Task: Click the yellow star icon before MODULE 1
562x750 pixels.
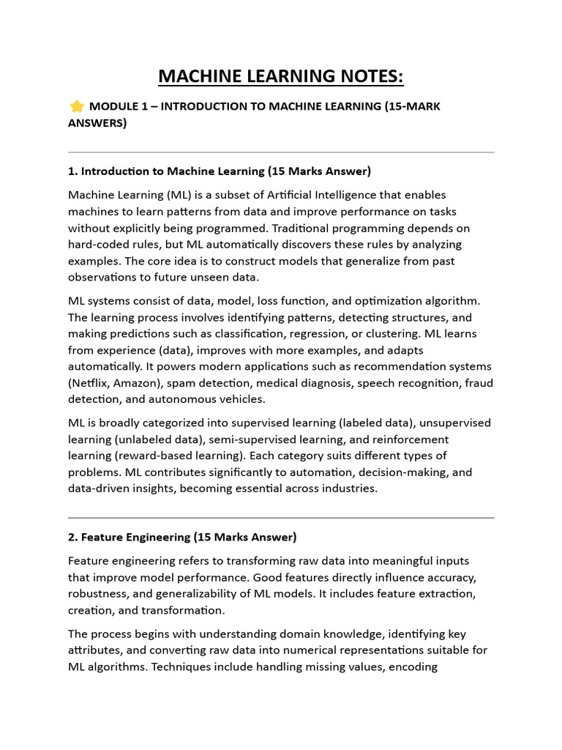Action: [x=76, y=107]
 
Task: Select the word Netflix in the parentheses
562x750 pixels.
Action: [x=91, y=382]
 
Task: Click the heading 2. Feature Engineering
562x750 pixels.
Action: [x=182, y=538]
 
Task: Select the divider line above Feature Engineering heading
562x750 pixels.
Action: [x=281, y=518]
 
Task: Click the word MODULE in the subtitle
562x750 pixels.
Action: [x=115, y=107]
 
